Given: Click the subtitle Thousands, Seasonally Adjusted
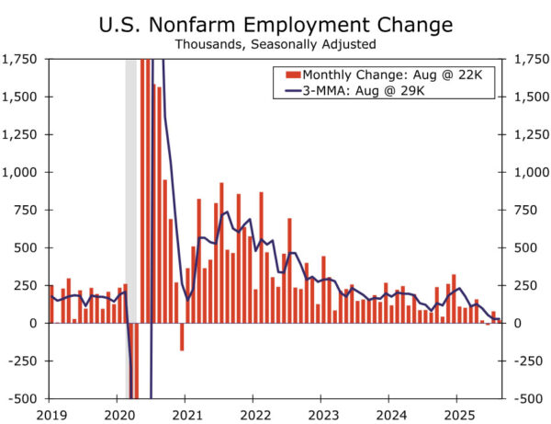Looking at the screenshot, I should click(x=275, y=42).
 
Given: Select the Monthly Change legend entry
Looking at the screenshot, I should click(x=389, y=74).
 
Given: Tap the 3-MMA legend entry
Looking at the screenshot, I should click(x=389, y=90).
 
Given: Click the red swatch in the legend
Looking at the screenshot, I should click(x=293, y=74).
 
